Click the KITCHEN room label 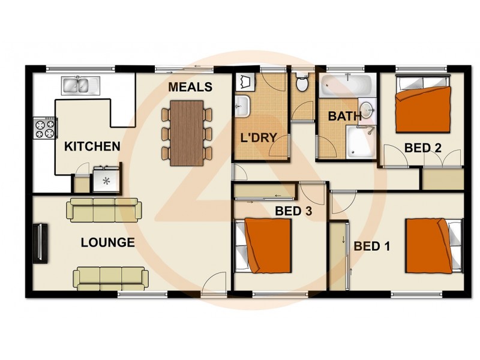tap(92, 146)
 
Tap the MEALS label tap(190, 87)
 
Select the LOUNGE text tap(108, 242)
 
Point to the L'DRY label tap(259, 138)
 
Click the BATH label tap(344, 116)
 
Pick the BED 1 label tap(372, 246)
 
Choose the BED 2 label tap(423, 148)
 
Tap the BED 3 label tap(293, 211)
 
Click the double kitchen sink tap(81, 85)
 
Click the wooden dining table tap(187, 133)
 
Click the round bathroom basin tap(366, 108)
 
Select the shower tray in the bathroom tap(361, 142)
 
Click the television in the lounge tap(40, 244)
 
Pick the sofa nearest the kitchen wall tap(104, 210)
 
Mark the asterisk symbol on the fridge tap(106, 181)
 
